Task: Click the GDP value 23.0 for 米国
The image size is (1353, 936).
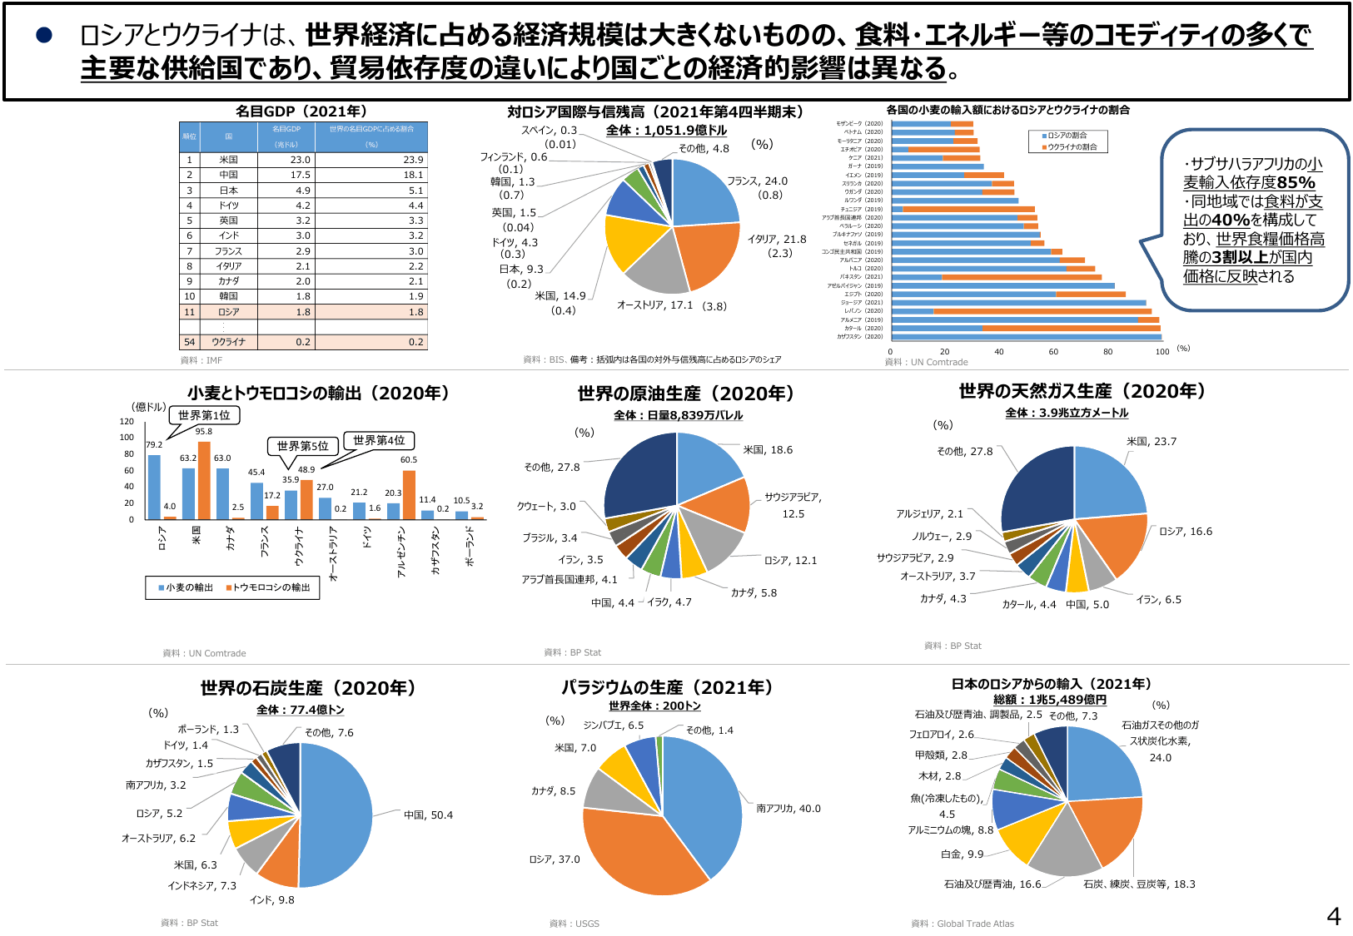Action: pyautogui.click(x=300, y=160)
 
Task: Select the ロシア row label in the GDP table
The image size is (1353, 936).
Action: pyautogui.click(x=228, y=312)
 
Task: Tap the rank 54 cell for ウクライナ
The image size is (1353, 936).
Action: pyautogui.click(x=190, y=342)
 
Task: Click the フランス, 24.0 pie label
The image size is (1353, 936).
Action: pyautogui.click(x=757, y=181)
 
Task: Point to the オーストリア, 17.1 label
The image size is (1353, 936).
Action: pyautogui.click(x=654, y=305)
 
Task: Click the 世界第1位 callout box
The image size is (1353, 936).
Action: pyautogui.click(x=204, y=415)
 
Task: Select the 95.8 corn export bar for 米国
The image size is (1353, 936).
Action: pyautogui.click(x=204, y=480)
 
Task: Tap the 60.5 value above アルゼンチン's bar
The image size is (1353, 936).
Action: pyautogui.click(x=409, y=459)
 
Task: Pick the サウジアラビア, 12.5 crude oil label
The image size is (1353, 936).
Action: pyautogui.click(x=793, y=505)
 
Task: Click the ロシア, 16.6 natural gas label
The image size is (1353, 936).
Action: pyautogui.click(x=1186, y=532)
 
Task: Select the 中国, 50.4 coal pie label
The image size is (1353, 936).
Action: pyautogui.click(x=428, y=815)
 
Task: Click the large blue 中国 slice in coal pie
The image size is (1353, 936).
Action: pyautogui.click(x=337, y=815)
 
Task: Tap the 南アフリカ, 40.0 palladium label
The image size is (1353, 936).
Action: pyautogui.click(x=788, y=809)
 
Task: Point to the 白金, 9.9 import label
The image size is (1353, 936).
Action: pyautogui.click(x=962, y=854)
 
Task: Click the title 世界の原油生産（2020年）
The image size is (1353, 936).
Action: pyautogui.click(x=686, y=394)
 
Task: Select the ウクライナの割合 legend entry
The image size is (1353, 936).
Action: pyautogui.click(x=1072, y=147)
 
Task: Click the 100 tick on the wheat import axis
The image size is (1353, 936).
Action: pyautogui.click(x=1161, y=352)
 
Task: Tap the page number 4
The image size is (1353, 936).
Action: pyautogui.click(x=1333, y=917)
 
